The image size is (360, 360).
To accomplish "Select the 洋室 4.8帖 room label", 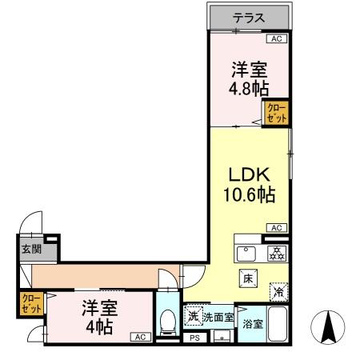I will point(249,78).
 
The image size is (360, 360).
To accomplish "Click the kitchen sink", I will point(247,254).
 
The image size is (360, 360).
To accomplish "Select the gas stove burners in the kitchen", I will point(276,254).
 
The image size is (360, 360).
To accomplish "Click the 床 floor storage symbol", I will point(248,279).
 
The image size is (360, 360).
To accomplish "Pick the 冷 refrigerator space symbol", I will point(277,293).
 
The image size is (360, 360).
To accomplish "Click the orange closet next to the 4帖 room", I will point(31,305).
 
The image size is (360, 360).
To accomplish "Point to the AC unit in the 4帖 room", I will point(139,337).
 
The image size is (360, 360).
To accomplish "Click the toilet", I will point(168,322).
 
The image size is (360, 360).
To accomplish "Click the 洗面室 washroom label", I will point(218,318).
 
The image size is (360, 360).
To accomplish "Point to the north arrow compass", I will point(327,328).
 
